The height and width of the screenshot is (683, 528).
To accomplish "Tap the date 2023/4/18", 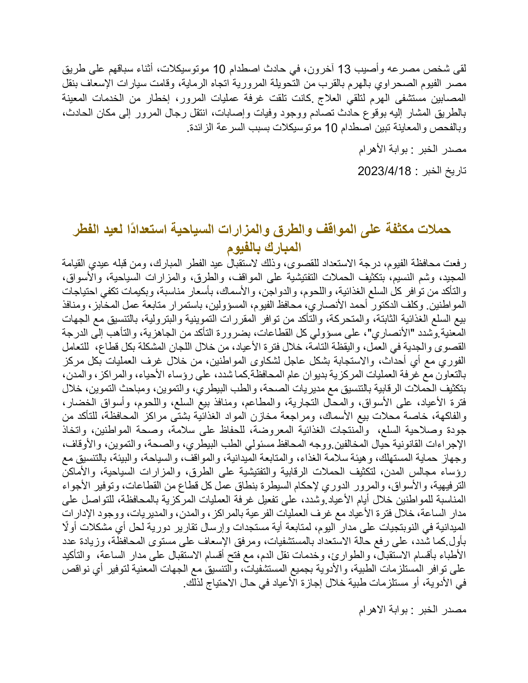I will (384, 171).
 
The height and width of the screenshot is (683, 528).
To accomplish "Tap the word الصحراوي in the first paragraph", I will (403, 84).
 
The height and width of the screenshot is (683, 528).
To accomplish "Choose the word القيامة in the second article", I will (75, 263).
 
